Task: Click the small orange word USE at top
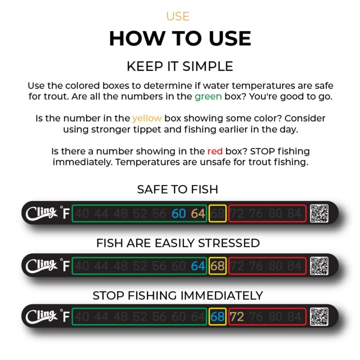click(x=178, y=17)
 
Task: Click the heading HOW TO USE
click(x=180, y=39)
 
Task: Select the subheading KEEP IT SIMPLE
click(x=180, y=67)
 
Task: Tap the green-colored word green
click(x=208, y=97)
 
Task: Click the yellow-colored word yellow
click(x=147, y=118)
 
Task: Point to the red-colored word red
click(x=215, y=151)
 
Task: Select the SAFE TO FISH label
click(x=178, y=189)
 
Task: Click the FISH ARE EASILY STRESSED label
click(x=178, y=243)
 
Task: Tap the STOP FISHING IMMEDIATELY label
click(x=178, y=296)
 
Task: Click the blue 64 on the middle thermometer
click(x=198, y=266)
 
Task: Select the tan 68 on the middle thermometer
click(x=217, y=266)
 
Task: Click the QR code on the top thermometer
click(x=319, y=213)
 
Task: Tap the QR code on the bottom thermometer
click(x=319, y=316)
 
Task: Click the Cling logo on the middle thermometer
click(x=41, y=265)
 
